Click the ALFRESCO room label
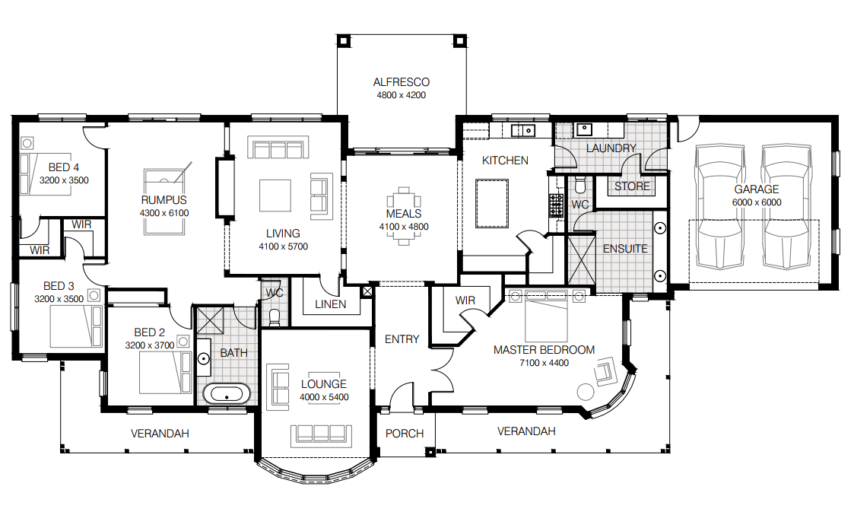(x=402, y=82)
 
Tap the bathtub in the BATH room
(x=226, y=395)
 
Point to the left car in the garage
(x=719, y=207)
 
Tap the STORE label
(x=632, y=186)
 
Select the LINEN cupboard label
(x=330, y=304)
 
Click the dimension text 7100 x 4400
(x=544, y=363)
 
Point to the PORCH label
(x=405, y=434)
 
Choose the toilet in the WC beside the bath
(x=275, y=317)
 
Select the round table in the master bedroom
(x=586, y=392)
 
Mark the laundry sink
(x=583, y=129)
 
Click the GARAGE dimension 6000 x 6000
(x=756, y=202)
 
